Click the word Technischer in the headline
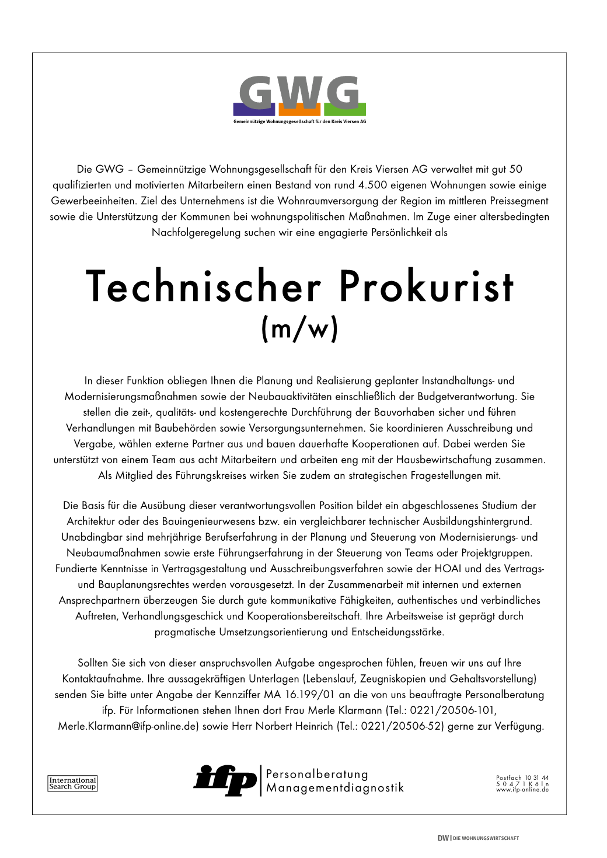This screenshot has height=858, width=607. (x=204, y=286)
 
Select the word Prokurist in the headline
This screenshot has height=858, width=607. (x=426, y=286)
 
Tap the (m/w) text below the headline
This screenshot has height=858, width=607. (x=299, y=329)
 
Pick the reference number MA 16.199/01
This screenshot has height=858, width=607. (x=299, y=695)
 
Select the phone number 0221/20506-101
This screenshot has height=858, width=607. (x=453, y=710)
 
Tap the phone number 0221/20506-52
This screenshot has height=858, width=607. (x=403, y=726)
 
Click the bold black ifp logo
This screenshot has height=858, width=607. (x=225, y=780)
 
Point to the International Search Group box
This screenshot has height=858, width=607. (x=72, y=783)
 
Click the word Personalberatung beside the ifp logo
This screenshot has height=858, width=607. (x=317, y=775)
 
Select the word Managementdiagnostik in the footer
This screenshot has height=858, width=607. (x=334, y=788)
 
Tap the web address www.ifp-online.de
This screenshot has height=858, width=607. (x=522, y=790)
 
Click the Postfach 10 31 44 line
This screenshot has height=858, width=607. (x=522, y=778)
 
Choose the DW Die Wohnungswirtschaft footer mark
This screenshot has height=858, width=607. (x=478, y=838)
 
